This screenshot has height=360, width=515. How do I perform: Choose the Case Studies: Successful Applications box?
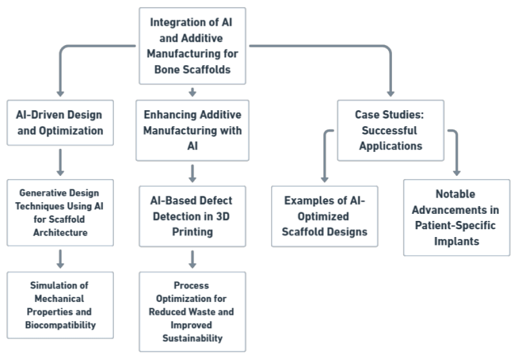click(391, 129)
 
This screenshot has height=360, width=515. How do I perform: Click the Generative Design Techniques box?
click(59, 212)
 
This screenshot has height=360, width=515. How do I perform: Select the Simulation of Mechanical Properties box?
click(59, 305)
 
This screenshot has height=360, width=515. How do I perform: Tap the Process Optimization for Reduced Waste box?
click(192, 311)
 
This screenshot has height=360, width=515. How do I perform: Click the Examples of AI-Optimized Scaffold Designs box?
click(325, 216)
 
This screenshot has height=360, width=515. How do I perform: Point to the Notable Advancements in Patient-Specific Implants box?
click(456, 218)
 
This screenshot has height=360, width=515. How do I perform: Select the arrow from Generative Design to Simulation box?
click(60, 258)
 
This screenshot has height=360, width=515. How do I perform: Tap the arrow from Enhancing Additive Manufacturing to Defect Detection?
click(192, 173)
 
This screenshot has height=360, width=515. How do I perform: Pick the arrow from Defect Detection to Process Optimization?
click(192, 259)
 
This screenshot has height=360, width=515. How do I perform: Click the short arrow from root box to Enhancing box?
click(192, 93)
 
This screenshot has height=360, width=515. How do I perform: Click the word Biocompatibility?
click(59, 325)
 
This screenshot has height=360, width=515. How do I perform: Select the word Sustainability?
click(192, 338)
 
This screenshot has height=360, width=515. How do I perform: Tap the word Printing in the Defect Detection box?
click(192, 232)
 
